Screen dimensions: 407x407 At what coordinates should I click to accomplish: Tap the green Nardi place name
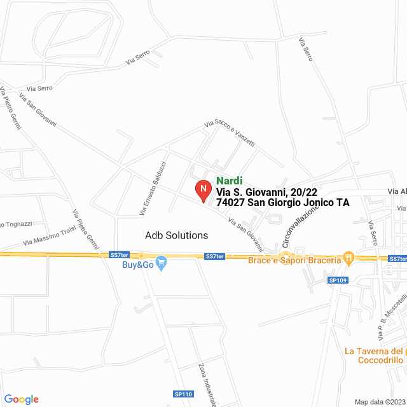(x=229, y=181)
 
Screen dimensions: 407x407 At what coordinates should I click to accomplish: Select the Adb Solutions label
(x=176, y=235)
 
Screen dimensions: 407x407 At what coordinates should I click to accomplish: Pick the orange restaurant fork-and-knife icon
(x=348, y=258)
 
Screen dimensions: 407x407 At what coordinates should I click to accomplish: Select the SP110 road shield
(x=183, y=394)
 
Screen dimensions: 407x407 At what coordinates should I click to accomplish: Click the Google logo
(x=21, y=399)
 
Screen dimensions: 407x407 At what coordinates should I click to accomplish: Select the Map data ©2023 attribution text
(x=379, y=402)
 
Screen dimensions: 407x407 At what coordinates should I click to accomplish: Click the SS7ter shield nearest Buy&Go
(x=119, y=254)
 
